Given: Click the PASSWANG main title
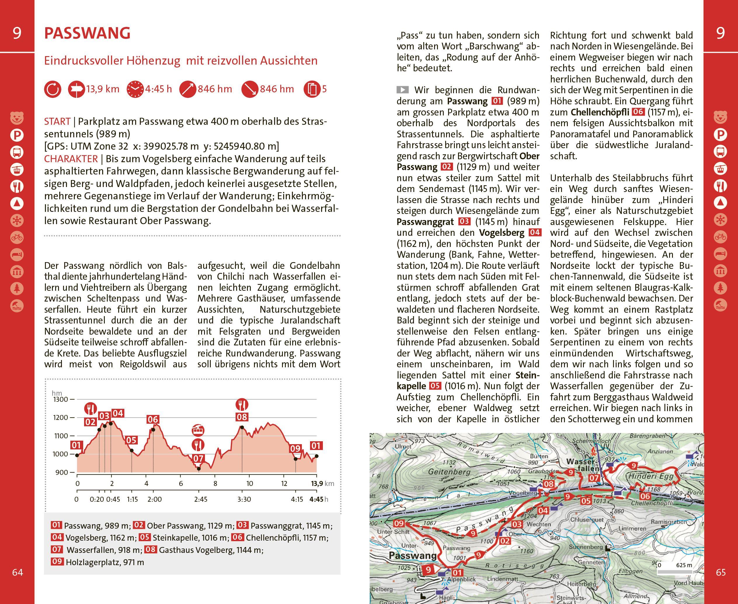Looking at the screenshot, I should pyautogui.click(x=87, y=33).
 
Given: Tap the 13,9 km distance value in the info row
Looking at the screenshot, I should pyautogui.click(x=102, y=89).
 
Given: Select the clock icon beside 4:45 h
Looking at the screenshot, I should pyautogui.click(x=135, y=89).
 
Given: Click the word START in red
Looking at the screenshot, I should pyautogui.click(x=57, y=122).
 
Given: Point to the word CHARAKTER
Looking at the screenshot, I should pyautogui.click(x=71, y=159).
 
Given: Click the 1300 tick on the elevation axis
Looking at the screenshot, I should pyautogui.click(x=61, y=399).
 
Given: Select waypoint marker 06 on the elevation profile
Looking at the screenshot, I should pyautogui.click(x=153, y=420).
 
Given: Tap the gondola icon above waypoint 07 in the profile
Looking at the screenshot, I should pyautogui.click(x=198, y=430).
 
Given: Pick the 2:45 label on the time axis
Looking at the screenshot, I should pyautogui.click(x=201, y=499).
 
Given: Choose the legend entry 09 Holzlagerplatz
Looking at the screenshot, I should pyautogui.click(x=97, y=562).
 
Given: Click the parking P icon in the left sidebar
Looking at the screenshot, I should pyautogui.click(x=17, y=135).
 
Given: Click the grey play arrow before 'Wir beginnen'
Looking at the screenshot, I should pyautogui.click(x=403, y=90).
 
